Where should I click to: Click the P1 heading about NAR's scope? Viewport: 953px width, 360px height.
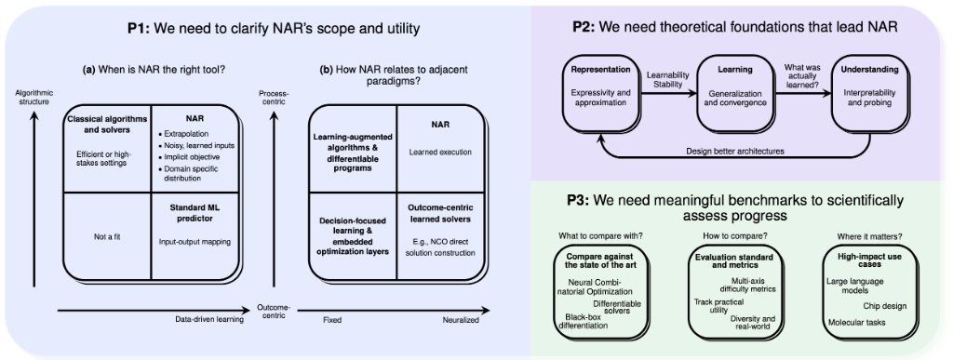tap(274, 29)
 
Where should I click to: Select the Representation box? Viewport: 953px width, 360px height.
tap(600, 93)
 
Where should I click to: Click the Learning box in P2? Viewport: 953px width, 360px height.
tap(734, 93)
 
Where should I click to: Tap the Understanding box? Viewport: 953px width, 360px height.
tap(869, 93)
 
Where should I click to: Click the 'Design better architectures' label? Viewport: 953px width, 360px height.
tap(734, 150)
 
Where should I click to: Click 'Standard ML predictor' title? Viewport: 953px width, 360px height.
tap(195, 210)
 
